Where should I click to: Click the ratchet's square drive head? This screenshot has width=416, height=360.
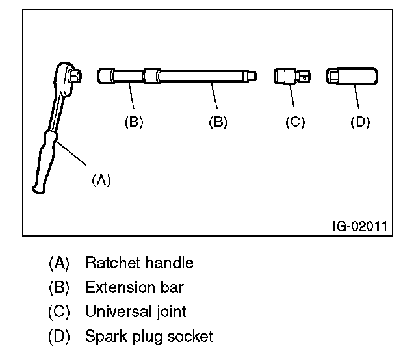pyautogui.click(x=75, y=75)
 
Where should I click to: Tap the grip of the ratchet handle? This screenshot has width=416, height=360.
pyautogui.click(x=45, y=162)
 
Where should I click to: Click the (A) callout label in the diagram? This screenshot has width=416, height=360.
pyautogui.click(x=101, y=180)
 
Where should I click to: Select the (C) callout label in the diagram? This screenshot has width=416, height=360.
pyautogui.click(x=295, y=122)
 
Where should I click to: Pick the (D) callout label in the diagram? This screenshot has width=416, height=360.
pyautogui.click(x=360, y=122)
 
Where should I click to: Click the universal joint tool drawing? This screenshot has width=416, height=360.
pyautogui.click(x=292, y=77)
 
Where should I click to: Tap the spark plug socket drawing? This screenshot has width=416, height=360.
pyautogui.click(x=352, y=76)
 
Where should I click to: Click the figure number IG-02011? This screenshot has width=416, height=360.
pyautogui.click(x=360, y=226)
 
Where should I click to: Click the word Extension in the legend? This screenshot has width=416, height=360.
pyautogui.click(x=120, y=287)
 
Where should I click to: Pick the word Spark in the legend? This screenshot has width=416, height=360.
pyautogui.click(x=106, y=337)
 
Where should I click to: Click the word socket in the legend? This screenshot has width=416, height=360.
pyautogui.click(x=190, y=336)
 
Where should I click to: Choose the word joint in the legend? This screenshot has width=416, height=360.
pyautogui.click(x=171, y=312)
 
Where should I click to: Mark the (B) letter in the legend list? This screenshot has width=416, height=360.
pyautogui.click(x=59, y=288)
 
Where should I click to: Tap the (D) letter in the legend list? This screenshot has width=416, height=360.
pyautogui.click(x=59, y=337)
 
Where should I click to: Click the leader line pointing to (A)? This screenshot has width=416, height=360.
pyautogui.click(x=71, y=153)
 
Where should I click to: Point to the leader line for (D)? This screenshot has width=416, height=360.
pyautogui.click(x=357, y=97)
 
